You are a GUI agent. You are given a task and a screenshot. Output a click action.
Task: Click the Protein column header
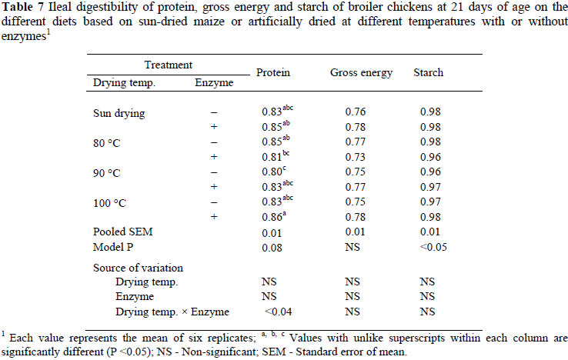(x=272, y=73)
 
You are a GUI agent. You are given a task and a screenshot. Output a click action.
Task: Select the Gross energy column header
(x=361, y=73)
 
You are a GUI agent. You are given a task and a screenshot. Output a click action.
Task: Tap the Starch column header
(x=431, y=73)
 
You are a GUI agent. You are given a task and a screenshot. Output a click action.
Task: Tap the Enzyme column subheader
(x=209, y=82)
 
